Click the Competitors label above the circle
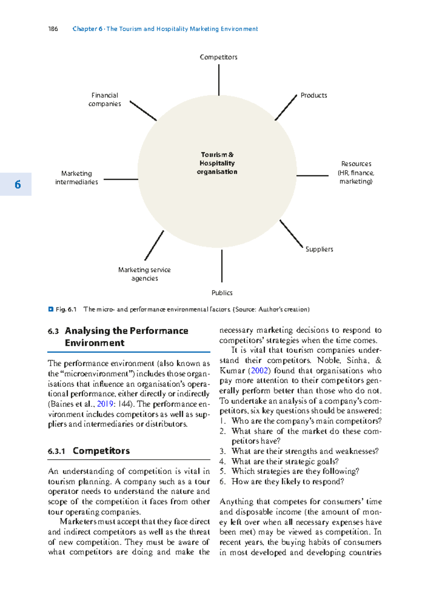click(219, 57)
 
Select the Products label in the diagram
click(313, 95)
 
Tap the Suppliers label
click(319, 249)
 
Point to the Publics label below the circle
click(222, 293)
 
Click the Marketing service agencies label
click(144, 274)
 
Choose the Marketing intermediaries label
click(76, 178)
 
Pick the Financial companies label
click(104, 99)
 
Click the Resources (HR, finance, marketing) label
click(356, 172)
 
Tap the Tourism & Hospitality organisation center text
click(217, 163)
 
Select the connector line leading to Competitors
click(219, 80)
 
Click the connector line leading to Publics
click(222, 266)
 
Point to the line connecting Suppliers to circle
click(291, 233)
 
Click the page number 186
click(53, 29)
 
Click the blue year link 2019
click(105, 404)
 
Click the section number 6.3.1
click(57, 451)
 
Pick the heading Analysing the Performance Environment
click(126, 337)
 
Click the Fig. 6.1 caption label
click(66, 309)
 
